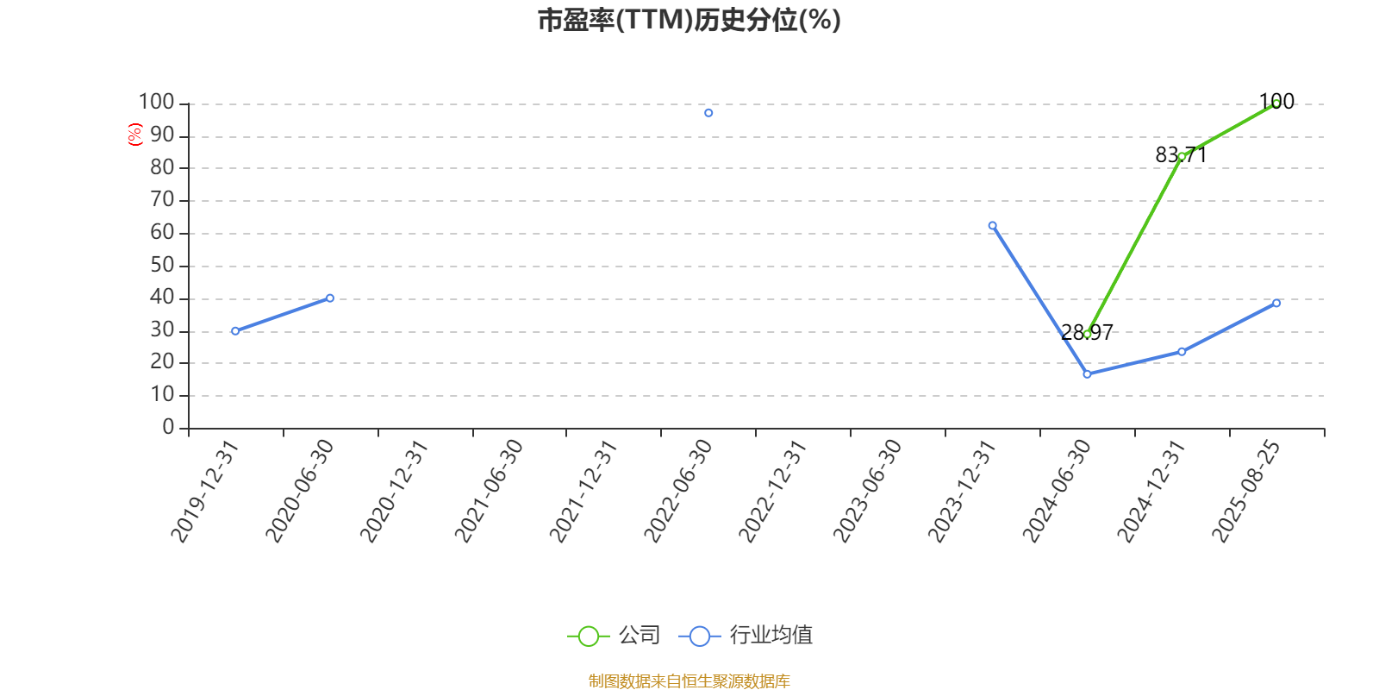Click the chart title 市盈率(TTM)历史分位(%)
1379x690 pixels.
(689, 20)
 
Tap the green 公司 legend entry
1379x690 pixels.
(614, 635)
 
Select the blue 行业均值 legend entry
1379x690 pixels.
(746, 635)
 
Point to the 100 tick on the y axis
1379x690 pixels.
(156, 103)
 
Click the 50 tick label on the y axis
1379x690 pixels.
(162, 266)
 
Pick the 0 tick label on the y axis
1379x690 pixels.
(168, 427)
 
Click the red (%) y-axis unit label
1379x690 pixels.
(134, 135)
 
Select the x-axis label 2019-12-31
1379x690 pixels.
(204, 491)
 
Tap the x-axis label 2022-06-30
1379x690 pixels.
(677, 491)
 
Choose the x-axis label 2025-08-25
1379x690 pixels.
(1246, 491)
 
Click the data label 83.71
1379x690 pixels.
(1181, 155)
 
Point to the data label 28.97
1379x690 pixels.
(1087, 333)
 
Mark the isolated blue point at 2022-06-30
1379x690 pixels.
(708, 113)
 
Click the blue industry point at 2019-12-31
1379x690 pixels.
(235, 331)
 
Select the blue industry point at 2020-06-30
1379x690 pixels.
(330, 298)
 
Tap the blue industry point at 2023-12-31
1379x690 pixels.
(992, 226)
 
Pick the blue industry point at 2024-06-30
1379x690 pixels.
(1087, 374)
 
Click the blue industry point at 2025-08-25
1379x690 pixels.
(1276, 303)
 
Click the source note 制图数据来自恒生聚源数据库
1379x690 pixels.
(689, 681)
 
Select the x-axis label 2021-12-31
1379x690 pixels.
(583, 491)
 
